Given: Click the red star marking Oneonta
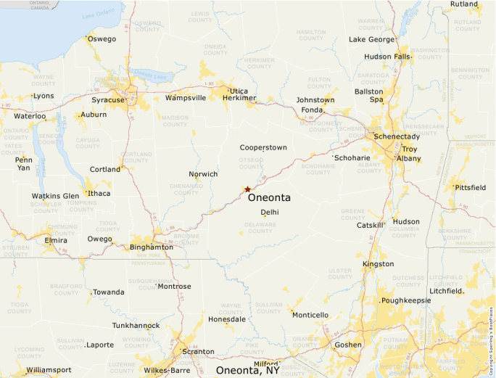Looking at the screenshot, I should pyautogui.click(x=247, y=189).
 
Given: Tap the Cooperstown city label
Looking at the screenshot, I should pyautogui.click(x=263, y=147).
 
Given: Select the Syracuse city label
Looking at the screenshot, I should pyautogui.click(x=108, y=100).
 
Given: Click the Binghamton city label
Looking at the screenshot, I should pyautogui.click(x=152, y=247).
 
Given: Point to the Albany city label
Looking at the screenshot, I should pyautogui.click(x=409, y=158).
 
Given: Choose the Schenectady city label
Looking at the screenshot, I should pyautogui.click(x=397, y=136).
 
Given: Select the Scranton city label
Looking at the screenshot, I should pyautogui.click(x=198, y=352).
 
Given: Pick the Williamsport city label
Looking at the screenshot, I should pyautogui.click(x=49, y=370).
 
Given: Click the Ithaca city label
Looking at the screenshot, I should pyautogui.click(x=99, y=193).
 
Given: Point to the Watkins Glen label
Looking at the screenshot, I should pyautogui.click(x=55, y=196).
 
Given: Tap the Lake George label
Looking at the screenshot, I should pyautogui.click(x=372, y=39).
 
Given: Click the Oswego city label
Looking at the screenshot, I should pyautogui.click(x=102, y=39).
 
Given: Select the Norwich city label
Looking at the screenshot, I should pyautogui.click(x=203, y=174).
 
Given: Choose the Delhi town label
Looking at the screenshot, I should pyautogui.click(x=270, y=212).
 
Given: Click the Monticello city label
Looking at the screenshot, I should pyautogui.click(x=310, y=315).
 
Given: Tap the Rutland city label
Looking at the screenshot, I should pyautogui.click(x=464, y=4).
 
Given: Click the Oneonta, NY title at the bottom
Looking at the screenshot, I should pyautogui.click(x=247, y=370).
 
